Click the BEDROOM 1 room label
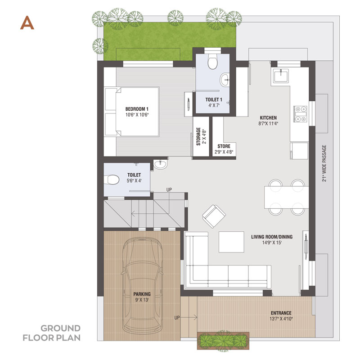[137, 109]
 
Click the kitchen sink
[280, 76]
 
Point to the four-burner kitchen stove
[301, 114]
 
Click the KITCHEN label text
[268, 117]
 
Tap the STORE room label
[224, 146]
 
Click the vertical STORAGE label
[198, 136]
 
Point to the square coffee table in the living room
[231, 242]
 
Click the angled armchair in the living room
[214, 216]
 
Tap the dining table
[287, 197]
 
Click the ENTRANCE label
[281, 313]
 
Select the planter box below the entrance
[223, 341]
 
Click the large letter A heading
[27, 23]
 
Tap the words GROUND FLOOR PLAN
[52, 333]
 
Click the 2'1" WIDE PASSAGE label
[324, 163]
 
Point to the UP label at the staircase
[169, 189]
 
